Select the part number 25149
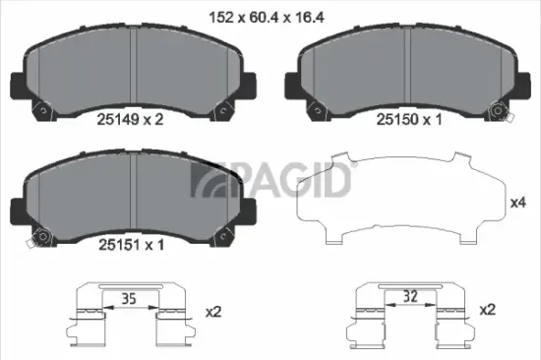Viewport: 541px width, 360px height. click(112, 119)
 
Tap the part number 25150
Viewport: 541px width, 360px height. click(397, 119)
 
